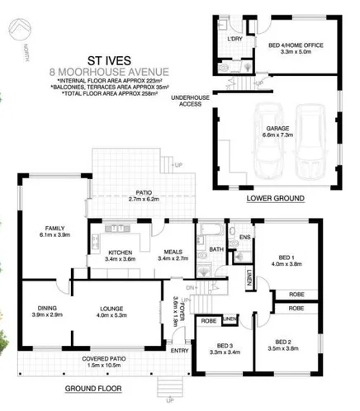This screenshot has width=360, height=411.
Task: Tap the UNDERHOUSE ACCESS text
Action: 187,102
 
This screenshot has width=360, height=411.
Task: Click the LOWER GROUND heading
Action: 276,199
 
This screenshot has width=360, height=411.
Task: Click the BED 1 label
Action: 285,260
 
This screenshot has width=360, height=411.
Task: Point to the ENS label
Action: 244,239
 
